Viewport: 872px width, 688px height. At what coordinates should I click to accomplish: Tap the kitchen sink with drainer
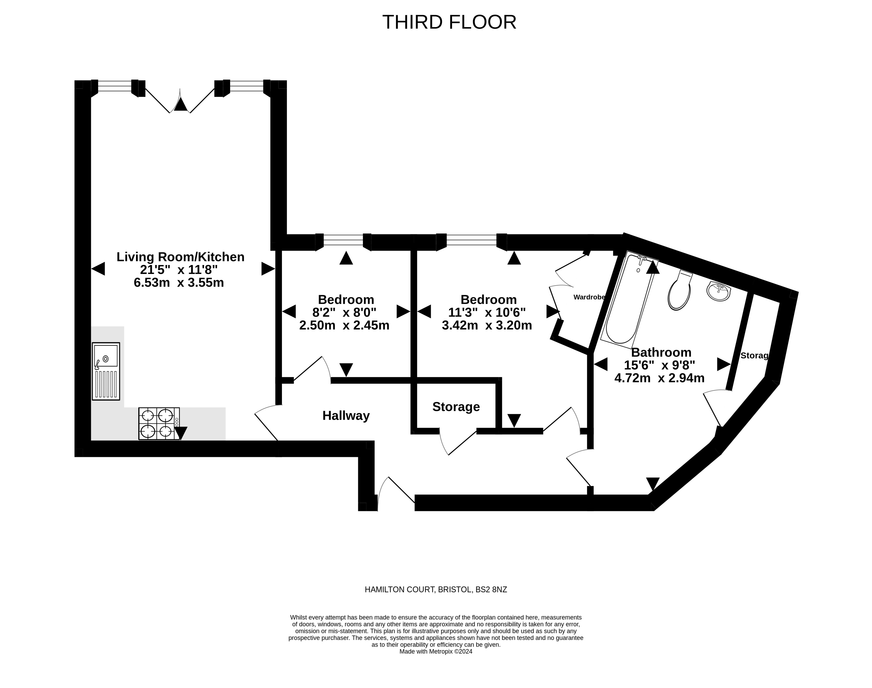tap(106, 371)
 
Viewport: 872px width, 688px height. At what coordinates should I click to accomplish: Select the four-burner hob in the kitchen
tap(159, 423)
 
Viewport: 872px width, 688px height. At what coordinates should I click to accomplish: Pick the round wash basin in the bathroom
tap(718, 291)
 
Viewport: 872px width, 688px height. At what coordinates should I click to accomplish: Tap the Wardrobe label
tap(589, 297)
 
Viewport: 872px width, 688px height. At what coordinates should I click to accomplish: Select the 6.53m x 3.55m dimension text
tap(179, 282)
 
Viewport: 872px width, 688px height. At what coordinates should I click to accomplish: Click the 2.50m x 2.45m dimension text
tap(344, 325)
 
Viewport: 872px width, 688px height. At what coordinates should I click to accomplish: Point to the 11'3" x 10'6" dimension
tap(487, 312)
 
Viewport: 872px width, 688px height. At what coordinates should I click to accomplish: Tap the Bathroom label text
tap(661, 352)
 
